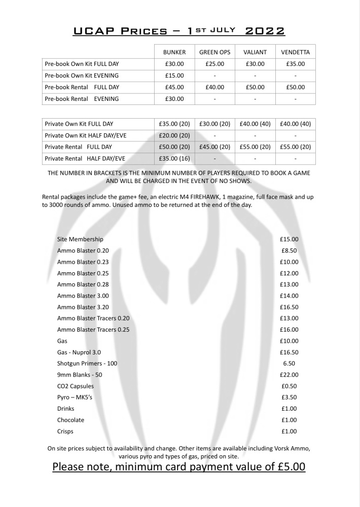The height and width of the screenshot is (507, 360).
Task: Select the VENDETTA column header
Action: pos(295,52)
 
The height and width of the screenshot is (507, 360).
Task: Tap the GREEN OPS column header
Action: pos(214,52)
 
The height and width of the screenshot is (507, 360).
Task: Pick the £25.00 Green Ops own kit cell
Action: pos(214,64)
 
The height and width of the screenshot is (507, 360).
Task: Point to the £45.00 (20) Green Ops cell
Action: pos(214,147)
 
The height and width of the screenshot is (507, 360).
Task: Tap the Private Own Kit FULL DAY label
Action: pos(79,123)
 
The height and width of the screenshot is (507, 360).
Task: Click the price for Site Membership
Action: pos(289,239)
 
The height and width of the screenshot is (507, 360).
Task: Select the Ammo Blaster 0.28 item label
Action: pos(83,284)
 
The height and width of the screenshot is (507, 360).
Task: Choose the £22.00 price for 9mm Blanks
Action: pos(289,375)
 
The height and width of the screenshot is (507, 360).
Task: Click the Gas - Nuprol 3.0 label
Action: pos(81,352)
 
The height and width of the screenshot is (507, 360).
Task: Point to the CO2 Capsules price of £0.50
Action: pos(289,386)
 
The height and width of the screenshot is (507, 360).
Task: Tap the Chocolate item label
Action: pos(70,420)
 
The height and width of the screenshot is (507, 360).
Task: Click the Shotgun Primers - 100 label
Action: pos(87,364)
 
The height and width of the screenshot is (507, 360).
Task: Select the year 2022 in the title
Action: pos(265,31)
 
